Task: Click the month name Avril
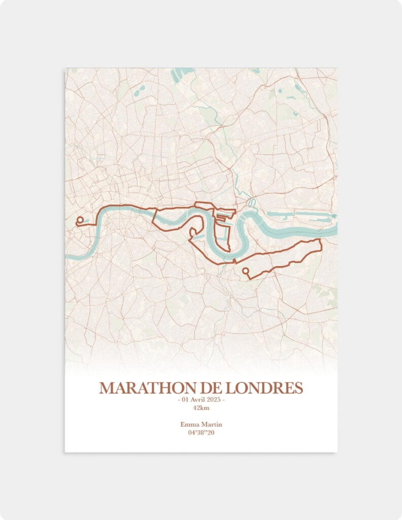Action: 198,400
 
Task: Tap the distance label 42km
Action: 201,408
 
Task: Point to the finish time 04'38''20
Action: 201,433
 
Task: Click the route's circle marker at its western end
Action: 80,220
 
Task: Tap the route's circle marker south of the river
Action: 246,271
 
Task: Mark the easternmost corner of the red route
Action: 321,240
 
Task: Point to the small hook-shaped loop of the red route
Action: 192,233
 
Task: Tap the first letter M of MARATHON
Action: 107,388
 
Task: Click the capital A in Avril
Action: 193,400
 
